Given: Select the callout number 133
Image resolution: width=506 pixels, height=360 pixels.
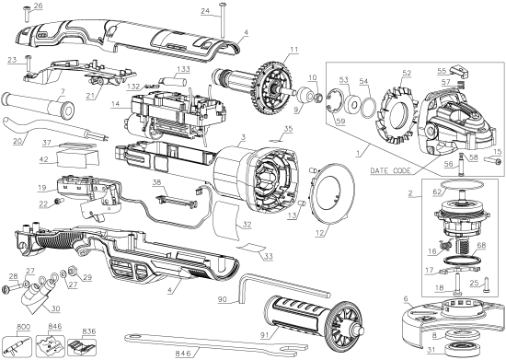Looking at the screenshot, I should (x=185, y=70).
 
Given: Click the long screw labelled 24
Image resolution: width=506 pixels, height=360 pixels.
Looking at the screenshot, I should (x=224, y=29).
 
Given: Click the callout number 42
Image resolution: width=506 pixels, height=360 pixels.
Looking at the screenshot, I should (x=42, y=158).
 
